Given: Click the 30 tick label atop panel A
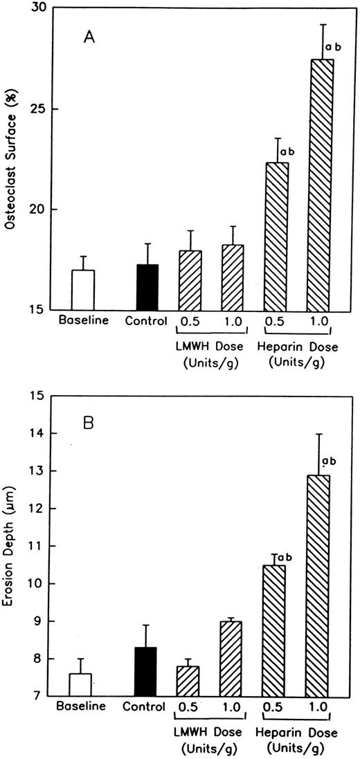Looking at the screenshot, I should [x=38, y=8].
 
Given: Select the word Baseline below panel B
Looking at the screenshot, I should [x=81, y=707].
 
